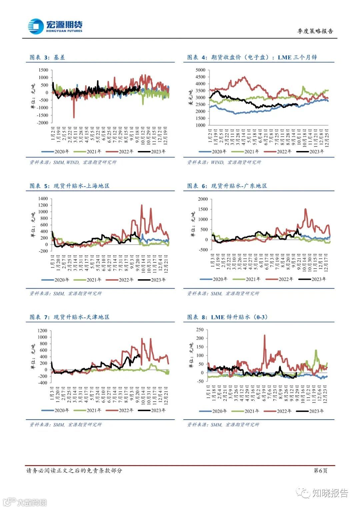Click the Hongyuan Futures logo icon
click(x=36, y=26)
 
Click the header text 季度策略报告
click(x=315, y=31)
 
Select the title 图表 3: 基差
click(x=47, y=57)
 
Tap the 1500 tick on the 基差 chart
click(x=43, y=70)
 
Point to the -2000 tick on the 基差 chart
click(x=42, y=123)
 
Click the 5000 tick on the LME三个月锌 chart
click(x=200, y=70)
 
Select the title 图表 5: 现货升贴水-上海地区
click(x=69, y=186)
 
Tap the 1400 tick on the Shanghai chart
click(x=43, y=199)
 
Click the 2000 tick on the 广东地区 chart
click(x=203, y=199)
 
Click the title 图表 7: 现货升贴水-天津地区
click(x=69, y=317)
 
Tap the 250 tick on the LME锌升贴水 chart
click(x=200, y=330)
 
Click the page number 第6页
click(x=320, y=470)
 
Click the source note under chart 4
click(x=224, y=162)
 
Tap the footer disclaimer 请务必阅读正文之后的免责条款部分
click(x=74, y=470)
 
